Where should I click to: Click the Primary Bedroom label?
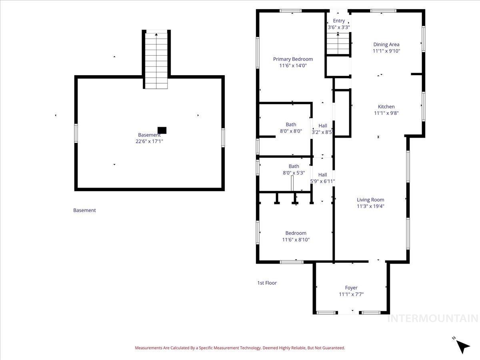pyautogui.click(x=293, y=59)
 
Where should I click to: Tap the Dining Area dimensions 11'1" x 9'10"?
pyautogui.click(x=386, y=51)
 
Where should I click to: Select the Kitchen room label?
pyautogui.click(x=386, y=106)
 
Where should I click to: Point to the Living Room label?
pyautogui.click(x=370, y=200)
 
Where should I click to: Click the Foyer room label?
pyautogui.click(x=351, y=288)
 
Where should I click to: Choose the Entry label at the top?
pyautogui.click(x=338, y=21)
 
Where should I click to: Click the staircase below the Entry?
pyautogui.click(x=338, y=44)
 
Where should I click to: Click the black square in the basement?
pyautogui.click(x=162, y=130)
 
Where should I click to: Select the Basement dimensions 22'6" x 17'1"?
pyautogui.click(x=149, y=141)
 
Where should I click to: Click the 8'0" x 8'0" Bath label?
pyautogui.click(x=291, y=124)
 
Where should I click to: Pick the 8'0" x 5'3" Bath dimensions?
pyautogui.click(x=294, y=173)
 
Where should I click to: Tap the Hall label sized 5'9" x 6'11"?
pyautogui.click(x=322, y=175)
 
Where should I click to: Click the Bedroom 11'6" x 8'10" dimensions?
pyautogui.click(x=296, y=240)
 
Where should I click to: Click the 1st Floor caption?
pyautogui.click(x=267, y=283)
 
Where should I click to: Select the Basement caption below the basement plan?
pyautogui.click(x=84, y=210)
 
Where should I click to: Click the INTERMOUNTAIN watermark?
pyautogui.click(x=432, y=318)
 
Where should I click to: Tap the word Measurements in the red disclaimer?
pyautogui.click(x=148, y=348)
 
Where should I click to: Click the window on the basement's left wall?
pyautogui.click(x=76, y=133)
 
